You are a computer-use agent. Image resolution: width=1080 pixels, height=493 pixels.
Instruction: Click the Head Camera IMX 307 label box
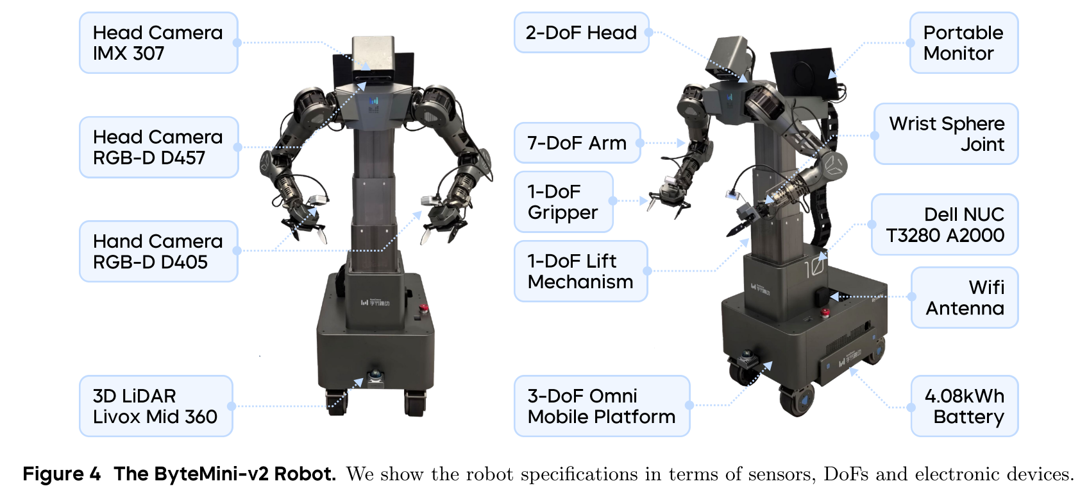(158, 43)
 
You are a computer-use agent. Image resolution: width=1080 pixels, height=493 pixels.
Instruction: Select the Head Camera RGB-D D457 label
(158, 147)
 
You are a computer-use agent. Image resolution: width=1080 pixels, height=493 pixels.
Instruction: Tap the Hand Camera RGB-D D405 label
(158, 251)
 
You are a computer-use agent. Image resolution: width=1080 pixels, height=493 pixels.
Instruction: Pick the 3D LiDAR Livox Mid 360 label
(155, 406)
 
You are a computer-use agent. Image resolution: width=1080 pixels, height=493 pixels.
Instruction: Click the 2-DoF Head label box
(581, 33)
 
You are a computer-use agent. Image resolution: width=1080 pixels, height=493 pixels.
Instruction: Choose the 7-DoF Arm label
(577, 143)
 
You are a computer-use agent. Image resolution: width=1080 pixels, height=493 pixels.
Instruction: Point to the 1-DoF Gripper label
(563, 202)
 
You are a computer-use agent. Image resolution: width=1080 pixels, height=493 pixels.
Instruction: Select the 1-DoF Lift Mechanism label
(580, 271)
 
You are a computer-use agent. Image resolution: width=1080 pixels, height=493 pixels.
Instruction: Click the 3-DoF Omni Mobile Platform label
(602, 406)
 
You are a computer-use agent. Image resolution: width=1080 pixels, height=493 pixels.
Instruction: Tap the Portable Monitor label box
(963, 43)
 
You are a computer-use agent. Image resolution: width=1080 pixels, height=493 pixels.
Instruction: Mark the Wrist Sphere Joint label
(946, 134)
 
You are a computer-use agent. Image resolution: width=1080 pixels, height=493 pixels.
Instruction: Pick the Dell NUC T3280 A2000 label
(945, 225)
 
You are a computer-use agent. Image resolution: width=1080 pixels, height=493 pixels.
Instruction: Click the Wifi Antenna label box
(965, 297)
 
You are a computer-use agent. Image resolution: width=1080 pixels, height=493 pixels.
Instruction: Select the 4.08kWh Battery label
(965, 406)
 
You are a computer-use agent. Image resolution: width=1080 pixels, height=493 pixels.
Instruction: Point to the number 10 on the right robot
(814, 264)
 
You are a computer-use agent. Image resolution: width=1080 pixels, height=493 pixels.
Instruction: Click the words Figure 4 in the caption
(62, 474)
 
